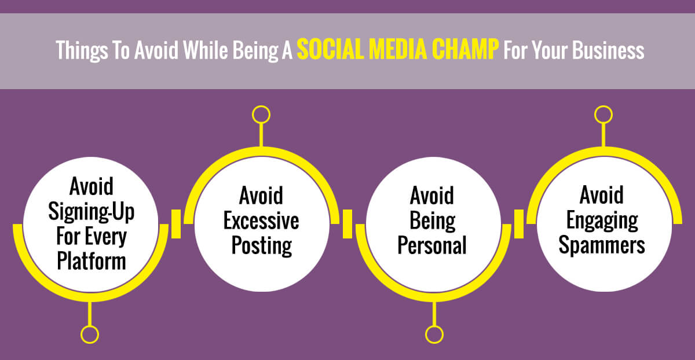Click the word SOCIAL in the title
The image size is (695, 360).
click(331, 49)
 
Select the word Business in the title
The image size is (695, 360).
click(608, 50)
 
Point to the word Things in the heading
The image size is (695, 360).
click(82, 51)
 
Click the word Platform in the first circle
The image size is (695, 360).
click(92, 261)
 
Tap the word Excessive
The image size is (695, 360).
click(261, 221)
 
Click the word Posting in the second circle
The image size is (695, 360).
click(262, 246)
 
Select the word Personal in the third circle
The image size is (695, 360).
click(432, 245)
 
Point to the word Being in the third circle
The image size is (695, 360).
click(432, 222)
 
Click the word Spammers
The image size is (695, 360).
click(602, 245)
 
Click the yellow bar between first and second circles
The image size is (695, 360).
click(176, 224)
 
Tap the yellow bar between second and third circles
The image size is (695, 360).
click(347, 224)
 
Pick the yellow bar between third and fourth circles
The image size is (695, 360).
click(519, 224)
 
